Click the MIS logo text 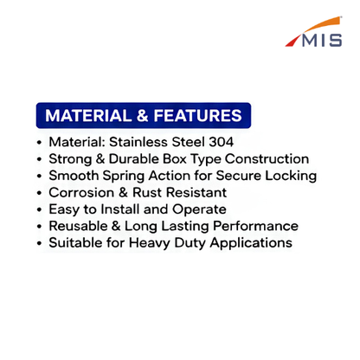pyautogui.click(x=322, y=40)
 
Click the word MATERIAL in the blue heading pyautogui.click(x=88, y=116)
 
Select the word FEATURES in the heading pyautogui.click(x=197, y=116)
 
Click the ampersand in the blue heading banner pyautogui.click(x=143, y=116)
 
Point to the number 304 pyautogui.click(x=222, y=142)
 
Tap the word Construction pyautogui.click(x=267, y=159)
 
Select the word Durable pyautogui.click(x=134, y=159)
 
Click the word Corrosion pyautogui.click(x=81, y=193)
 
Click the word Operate pyautogui.click(x=199, y=210)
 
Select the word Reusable pyautogui.click(x=78, y=226)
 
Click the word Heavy pyautogui.click(x=150, y=243)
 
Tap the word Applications pyautogui.click(x=251, y=243)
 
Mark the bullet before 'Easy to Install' pyautogui.click(x=40, y=209)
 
